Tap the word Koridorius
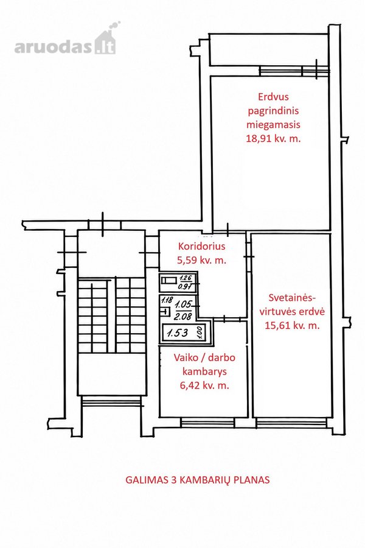(201, 246)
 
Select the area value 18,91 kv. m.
(274, 138)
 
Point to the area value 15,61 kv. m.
(293, 326)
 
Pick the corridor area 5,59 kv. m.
(202, 260)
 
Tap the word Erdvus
(273, 96)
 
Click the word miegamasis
(274, 125)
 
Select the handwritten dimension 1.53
(178, 332)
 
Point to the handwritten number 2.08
(182, 317)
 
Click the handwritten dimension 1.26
(185, 278)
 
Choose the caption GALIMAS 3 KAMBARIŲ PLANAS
(197, 480)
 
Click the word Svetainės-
(292, 298)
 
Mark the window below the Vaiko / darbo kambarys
(207, 423)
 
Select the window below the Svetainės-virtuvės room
(291, 423)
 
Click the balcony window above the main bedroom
(294, 71)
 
